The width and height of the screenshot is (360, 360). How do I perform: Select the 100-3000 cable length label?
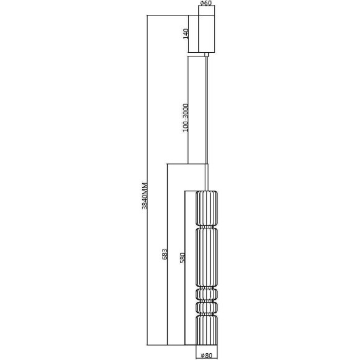click(x=185, y=117)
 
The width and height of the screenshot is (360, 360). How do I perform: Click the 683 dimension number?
click(x=163, y=254)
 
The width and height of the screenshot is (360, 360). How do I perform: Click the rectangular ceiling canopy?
click(x=207, y=32)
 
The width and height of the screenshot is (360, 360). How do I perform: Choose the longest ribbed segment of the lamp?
click(x=206, y=256)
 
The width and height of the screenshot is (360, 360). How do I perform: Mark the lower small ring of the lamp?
click(x=206, y=308)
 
